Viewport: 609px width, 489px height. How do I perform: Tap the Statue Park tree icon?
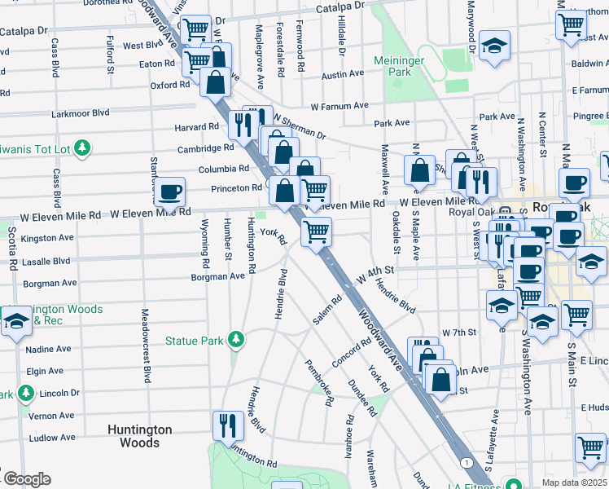pyautogui.click(x=236, y=338)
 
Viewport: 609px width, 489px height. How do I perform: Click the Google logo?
pyautogui.click(x=26, y=479)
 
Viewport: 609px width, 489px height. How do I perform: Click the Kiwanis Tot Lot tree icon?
pyautogui.click(x=81, y=148)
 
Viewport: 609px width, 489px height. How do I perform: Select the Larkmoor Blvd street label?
pyautogui.click(x=80, y=114)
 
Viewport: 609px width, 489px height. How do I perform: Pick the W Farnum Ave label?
pyautogui.click(x=340, y=106)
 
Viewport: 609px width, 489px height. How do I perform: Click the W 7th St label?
pyautogui.click(x=458, y=333)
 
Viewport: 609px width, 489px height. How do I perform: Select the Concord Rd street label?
pyautogui.click(x=352, y=354)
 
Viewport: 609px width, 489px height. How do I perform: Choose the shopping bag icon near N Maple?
pyautogui.click(x=420, y=171)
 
